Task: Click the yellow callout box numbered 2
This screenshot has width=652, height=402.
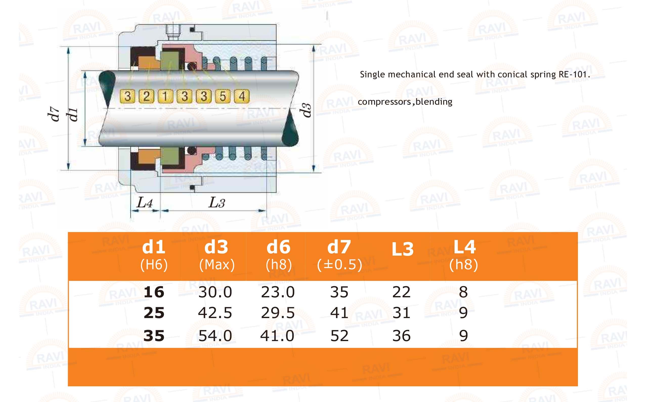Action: coord(146,96)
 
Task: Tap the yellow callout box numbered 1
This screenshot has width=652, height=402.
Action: coord(165,96)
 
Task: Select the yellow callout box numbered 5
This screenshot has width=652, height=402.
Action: coord(223,96)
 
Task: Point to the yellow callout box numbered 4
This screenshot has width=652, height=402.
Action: coord(242,96)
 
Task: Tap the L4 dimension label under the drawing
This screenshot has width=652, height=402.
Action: coord(144,203)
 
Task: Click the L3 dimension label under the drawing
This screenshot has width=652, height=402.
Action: coord(217,203)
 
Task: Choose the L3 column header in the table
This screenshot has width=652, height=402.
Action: coord(403,249)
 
